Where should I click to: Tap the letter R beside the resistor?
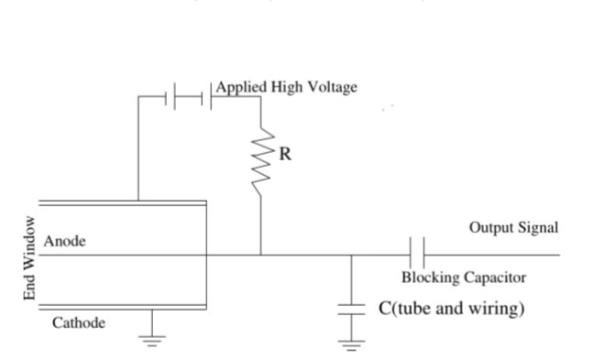[285, 154]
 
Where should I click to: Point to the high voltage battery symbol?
[189, 96]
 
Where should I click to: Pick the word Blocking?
[431, 278]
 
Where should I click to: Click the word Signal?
[538, 227]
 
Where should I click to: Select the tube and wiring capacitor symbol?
[351, 309]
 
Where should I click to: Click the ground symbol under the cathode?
[152, 341]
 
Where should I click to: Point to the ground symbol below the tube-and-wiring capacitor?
[351, 345]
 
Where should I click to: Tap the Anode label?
[65, 241]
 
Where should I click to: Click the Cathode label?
[79, 323]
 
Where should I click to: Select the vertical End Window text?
[29, 257]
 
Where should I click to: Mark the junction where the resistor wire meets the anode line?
[261, 255]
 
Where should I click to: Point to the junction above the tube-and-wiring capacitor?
[351, 255]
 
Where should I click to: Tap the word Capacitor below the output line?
[495, 278]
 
